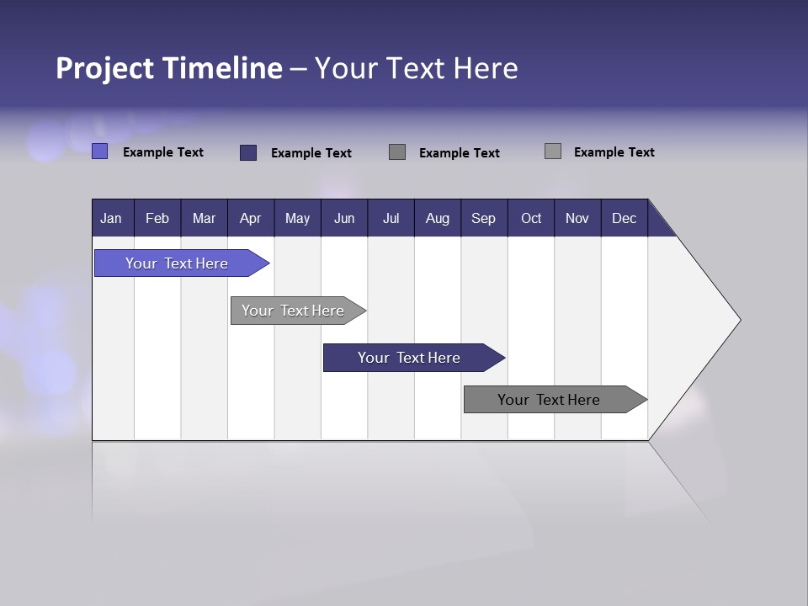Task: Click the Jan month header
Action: pos(112,218)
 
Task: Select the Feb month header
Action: pos(157,218)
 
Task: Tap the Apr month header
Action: pos(250,218)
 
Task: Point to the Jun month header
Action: pos(344,218)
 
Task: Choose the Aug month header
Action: pos(437,218)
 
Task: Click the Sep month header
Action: pos(483,218)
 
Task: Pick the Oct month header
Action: pos(531,218)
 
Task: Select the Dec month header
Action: pos(624,218)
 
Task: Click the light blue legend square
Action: pos(100,151)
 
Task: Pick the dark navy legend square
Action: pos(248,152)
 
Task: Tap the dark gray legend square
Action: pos(397,151)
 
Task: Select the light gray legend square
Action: pos(553,151)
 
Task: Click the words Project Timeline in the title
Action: pos(168,68)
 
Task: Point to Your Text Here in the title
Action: pos(416,68)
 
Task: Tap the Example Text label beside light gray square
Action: pos(614,152)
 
